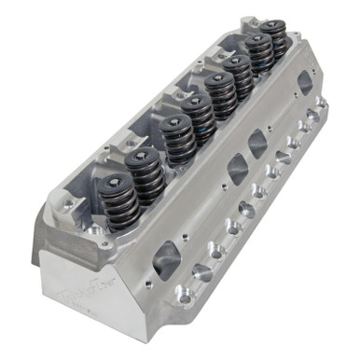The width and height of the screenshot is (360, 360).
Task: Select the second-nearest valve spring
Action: coord(147,176)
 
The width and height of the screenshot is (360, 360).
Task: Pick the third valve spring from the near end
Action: coord(177,144)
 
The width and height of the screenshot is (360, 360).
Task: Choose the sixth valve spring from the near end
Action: coord(240,80)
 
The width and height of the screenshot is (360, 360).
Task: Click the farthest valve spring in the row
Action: coord(273,42)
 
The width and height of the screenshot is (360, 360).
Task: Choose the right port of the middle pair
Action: coord(258,143)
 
